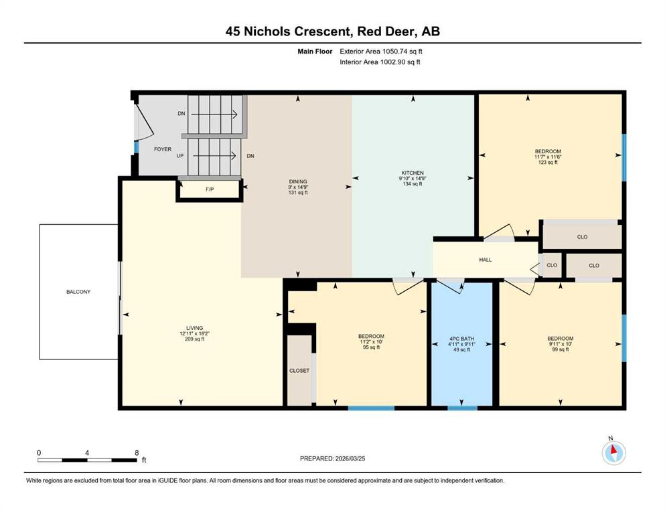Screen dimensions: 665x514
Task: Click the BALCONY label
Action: click(78, 292)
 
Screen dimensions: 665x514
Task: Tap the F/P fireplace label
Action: click(210, 189)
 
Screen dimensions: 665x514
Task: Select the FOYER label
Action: click(163, 149)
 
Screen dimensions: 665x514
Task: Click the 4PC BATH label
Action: click(462, 339)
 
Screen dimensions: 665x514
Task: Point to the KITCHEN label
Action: click(413, 173)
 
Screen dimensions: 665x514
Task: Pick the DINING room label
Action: click(298, 181)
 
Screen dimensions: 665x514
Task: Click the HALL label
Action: click(486, 260)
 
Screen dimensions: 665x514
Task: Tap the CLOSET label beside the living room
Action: click(299, 371)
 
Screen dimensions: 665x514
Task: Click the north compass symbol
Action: click(613, 452)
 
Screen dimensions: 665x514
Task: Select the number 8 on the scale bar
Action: click(137, 452)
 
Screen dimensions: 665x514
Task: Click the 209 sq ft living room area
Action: click(195, 339)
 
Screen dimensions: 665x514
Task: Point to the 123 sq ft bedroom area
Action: click(548, 162)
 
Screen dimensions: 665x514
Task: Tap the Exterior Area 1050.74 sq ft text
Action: click(381, 52)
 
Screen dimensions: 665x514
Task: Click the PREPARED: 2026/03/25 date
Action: click(332, 458)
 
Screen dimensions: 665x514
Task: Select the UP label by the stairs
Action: click(180, 156)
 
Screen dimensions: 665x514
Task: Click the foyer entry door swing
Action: click(144, 121)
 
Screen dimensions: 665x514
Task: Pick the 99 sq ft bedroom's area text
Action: click(561, 349)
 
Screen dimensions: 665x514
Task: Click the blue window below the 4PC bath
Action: click(462, 408)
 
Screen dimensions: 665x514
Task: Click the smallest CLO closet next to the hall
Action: click(552, 265)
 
